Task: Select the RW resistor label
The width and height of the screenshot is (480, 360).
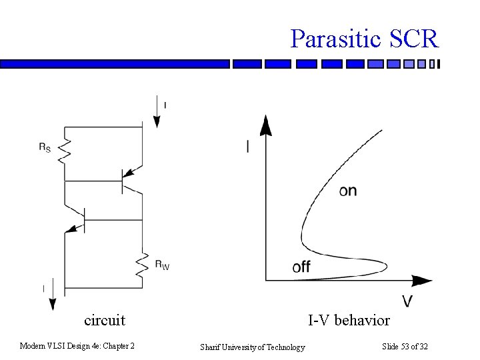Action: pos(162,265)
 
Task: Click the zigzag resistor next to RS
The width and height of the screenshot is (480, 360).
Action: pos(65,151)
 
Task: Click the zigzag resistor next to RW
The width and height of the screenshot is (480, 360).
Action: pos(143,265)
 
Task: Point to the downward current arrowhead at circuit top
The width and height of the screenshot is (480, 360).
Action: pos(157,121)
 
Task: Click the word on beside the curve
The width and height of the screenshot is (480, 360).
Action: pos(348,191)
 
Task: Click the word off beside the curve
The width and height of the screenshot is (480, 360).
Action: pos(301,267)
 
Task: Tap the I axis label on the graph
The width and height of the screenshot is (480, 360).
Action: pos(248,147)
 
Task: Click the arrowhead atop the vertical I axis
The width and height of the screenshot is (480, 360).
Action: pos(265,125)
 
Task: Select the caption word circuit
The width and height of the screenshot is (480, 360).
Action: pos(105,320)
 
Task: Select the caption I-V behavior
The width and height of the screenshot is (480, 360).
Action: pos(349,321)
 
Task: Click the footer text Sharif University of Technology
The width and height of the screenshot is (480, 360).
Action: pos(253,347)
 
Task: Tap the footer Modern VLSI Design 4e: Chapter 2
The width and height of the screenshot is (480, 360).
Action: pos(77,346)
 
